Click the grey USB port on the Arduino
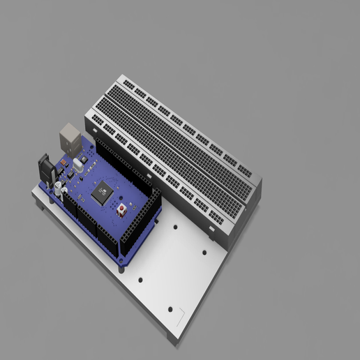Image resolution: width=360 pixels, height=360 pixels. tap(70, 136)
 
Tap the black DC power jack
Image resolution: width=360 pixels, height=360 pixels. tap(47, 169)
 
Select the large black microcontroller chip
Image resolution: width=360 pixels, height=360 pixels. tap(102, 191)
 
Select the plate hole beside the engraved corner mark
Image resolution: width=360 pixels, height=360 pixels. tap(170, 309)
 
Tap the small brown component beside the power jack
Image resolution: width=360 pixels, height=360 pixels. tap(61, 163)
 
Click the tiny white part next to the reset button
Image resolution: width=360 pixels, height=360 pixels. tap(129, 209)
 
